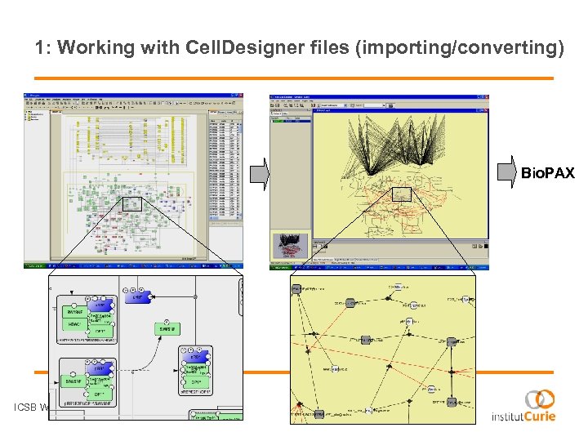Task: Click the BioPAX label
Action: [x=547, y=173]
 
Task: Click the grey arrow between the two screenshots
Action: [x=259, y=173]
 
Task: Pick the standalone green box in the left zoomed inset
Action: [x=167, y=328]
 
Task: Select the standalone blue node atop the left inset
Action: [x=140, y=297]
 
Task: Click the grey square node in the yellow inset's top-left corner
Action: [x=296, y=289]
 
